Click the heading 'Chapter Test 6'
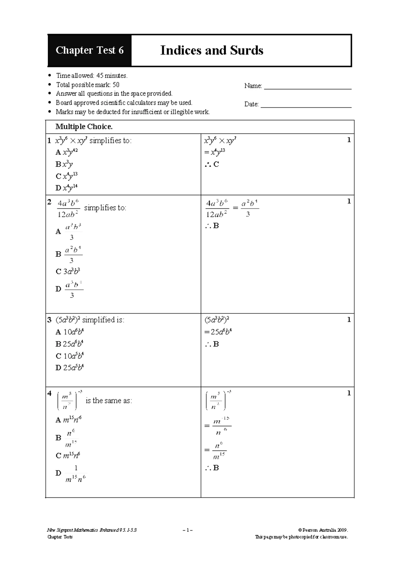click(x=90, y=50)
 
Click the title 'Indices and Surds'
click(x=212, y=50)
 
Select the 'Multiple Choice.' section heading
click(x=84, y=127)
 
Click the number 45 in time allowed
click(x=100, y=76)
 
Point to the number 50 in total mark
click(x=116, y=85)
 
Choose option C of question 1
click(x=67, y=176)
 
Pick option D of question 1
click(x=67, y=188)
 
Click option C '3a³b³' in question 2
click(x=68, y=272)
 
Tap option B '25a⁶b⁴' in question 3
click(x=69, y=344)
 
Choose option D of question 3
click(x=69, y=368)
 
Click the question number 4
click(x=49, y=393)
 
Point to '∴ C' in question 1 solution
click(x=212, y=164)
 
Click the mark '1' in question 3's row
click(x=349, y=320)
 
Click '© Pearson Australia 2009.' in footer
click(x=323, y=530)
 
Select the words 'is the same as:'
click(x=109, y=401)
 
